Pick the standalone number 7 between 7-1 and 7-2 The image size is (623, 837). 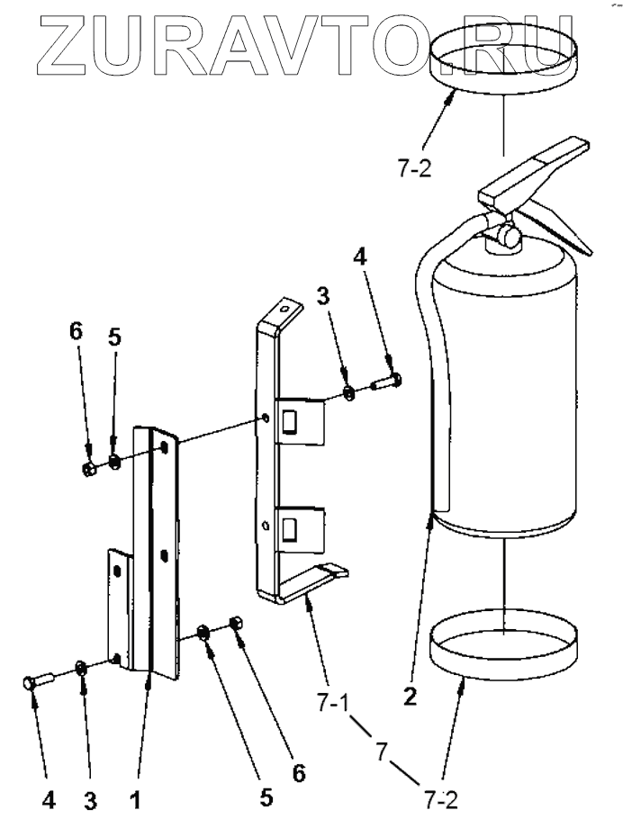click(x=383, y=749)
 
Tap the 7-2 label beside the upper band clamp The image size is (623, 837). click(x=413, y=172)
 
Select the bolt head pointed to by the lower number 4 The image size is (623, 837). click(x=31, y=686)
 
